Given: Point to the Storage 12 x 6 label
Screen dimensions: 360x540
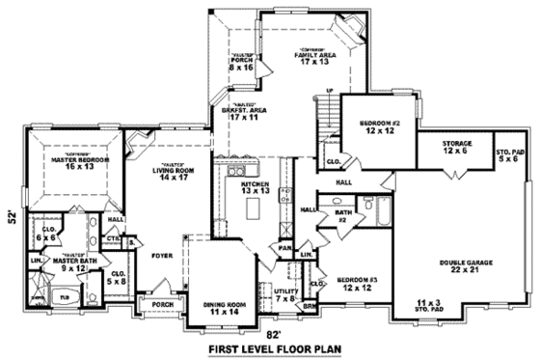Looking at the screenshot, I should [456, 147].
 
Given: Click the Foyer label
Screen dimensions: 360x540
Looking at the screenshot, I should [162, 256].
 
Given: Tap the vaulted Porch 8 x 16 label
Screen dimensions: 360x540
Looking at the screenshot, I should [241, 66].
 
